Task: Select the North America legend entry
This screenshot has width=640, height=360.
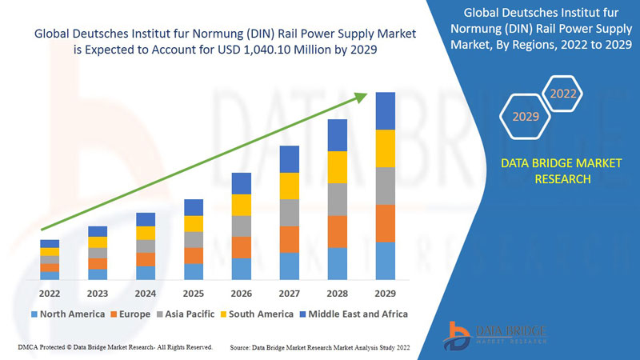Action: [x=68, y=314]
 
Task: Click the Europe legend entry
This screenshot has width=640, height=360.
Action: [x=130, y=314]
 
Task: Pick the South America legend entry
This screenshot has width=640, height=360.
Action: [x=257, y=314]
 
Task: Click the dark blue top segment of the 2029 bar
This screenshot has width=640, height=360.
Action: [x=386, y=110]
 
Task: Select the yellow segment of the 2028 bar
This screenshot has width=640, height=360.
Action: [x=338, y=167]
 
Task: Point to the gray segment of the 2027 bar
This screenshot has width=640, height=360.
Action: [x=290, y=213]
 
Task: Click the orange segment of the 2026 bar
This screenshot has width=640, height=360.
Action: [x=242, y=247]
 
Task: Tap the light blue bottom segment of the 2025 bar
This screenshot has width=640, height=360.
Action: [x=194, y=271]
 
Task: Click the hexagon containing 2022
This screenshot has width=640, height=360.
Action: [x=563, y=94]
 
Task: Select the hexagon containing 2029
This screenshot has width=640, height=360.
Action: [x=526, y=117]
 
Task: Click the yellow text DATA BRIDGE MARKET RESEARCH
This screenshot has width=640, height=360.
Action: [x=549, y=171]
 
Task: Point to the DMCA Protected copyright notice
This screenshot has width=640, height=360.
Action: [x=114, y=347]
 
